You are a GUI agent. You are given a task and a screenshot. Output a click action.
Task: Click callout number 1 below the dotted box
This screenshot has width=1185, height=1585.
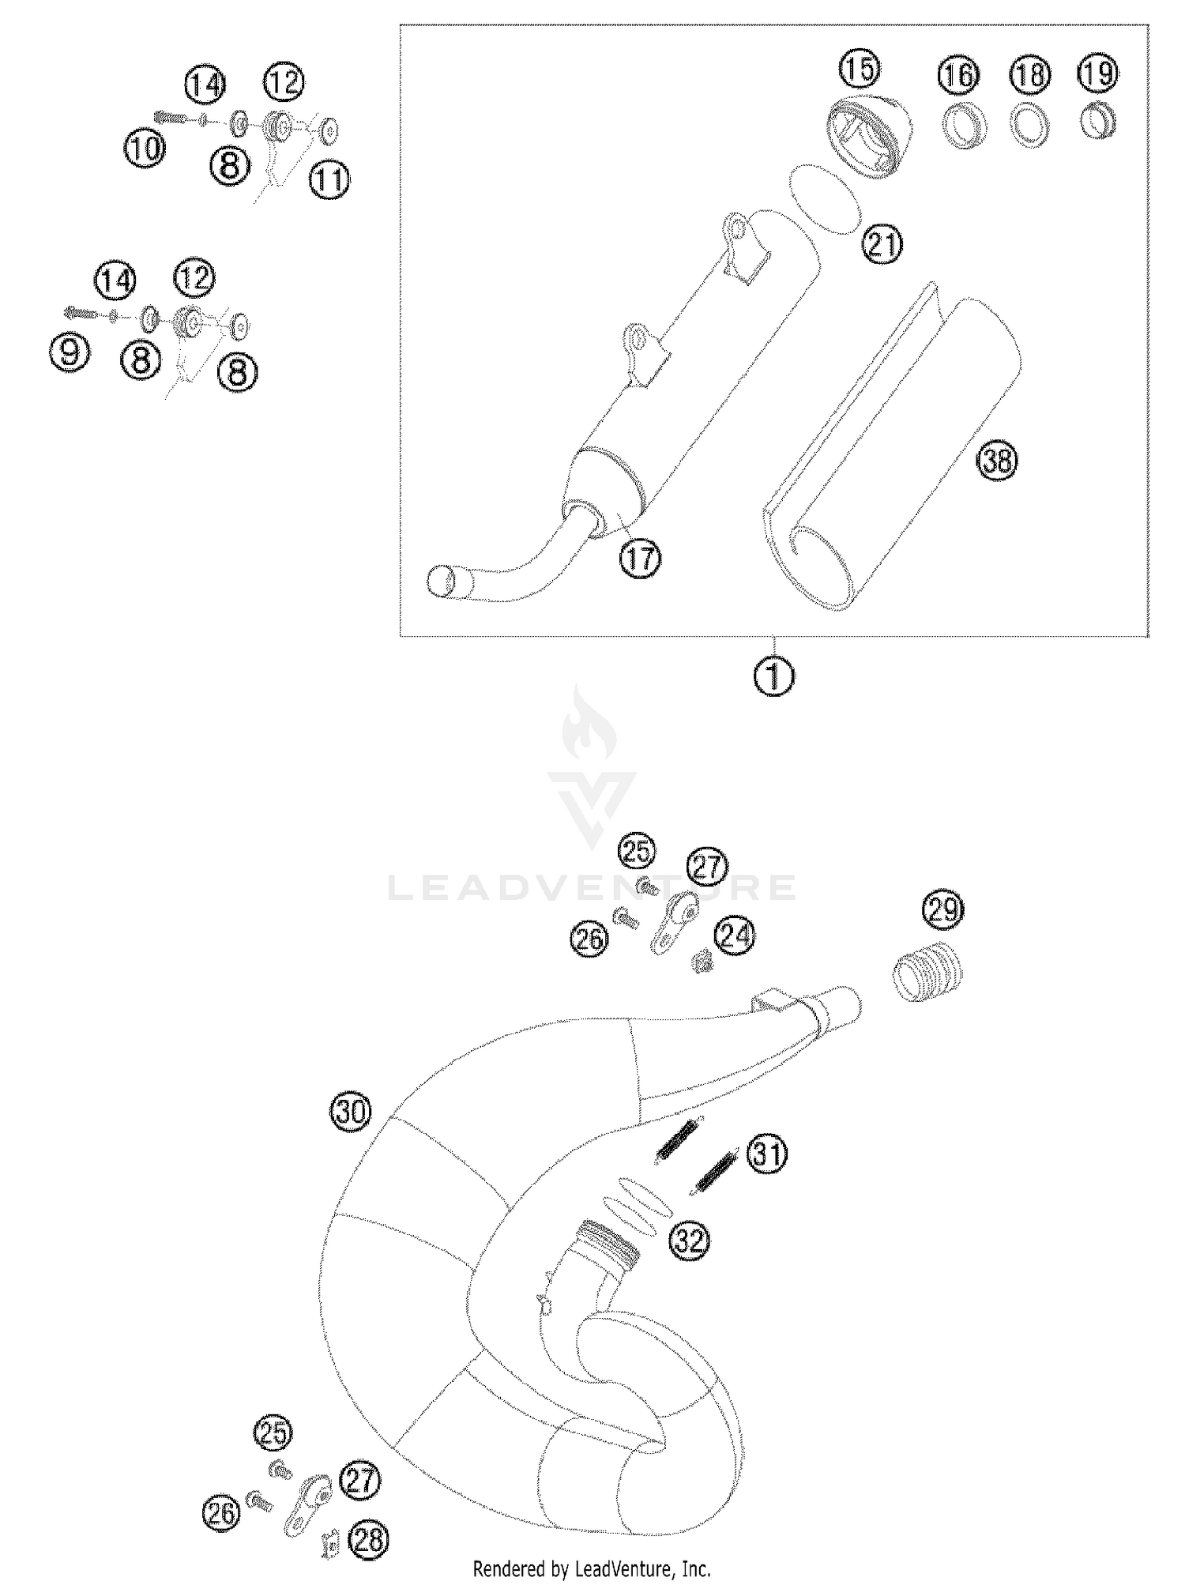pyautogui.click(x=774, y=677)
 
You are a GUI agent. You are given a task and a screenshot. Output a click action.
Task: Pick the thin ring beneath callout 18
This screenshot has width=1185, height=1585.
pyautogui.click(x=1029, y=126)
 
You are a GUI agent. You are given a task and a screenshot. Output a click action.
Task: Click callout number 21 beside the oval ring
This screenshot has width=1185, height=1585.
pyautogui.click(x=882, y=243)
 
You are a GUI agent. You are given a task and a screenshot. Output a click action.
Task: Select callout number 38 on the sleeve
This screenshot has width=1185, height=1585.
pyautogui.click(x=998, y=460)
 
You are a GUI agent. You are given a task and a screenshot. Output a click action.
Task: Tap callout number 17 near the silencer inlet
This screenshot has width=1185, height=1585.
pyautogui.click(x=640, y=559)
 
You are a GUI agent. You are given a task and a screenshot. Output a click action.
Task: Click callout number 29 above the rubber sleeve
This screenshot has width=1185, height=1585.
pyautogui.click(x=944, y=910)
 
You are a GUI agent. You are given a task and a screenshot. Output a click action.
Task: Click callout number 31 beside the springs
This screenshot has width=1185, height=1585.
pyautogui.click(x=768, y=1155)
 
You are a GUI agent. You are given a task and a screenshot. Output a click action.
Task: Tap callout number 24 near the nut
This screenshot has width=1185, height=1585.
pyautogui.click(x=734, y=936)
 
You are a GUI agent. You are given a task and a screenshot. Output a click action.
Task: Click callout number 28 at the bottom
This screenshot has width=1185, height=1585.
pyautogui.click(x=369, y=1539)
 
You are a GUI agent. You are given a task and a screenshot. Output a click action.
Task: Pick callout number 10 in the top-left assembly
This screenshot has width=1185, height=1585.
pyautogui.click(x=145, y=148)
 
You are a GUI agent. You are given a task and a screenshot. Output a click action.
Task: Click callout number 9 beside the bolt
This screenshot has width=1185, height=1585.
pyautogui.click(x=70, y=351)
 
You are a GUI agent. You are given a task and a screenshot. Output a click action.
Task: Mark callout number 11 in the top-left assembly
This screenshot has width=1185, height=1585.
pyautogui.click(x=329, y=180)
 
